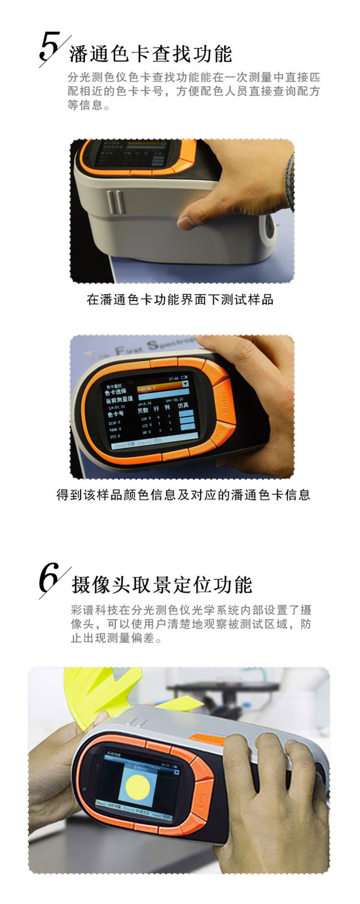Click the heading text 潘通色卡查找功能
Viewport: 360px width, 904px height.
[x=150, y=54]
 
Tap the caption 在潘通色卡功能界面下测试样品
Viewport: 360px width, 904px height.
[x=180, y=300]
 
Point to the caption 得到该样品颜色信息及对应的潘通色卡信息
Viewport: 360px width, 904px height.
[x=183, y=495]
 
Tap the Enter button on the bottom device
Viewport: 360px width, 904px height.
[x=201, y=799]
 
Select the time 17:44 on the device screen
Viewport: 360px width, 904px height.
[x=173, y=379]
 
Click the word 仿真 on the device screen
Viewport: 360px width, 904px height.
[x=183, y=405]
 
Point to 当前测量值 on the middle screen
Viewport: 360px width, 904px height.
[x=119, y=400]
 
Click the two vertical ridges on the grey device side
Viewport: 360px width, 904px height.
[x=116, y=202]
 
